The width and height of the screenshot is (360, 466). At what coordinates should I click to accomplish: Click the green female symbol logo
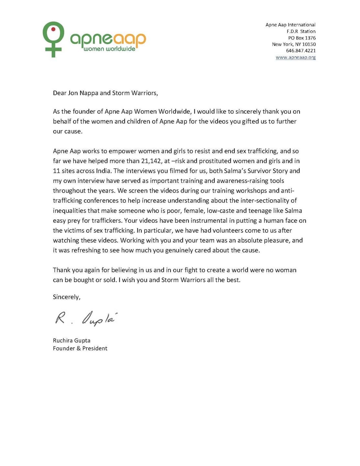(53, 39)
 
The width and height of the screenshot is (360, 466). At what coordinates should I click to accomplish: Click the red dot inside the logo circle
(54, 29)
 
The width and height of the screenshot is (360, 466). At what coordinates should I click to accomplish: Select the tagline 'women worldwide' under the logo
(109, 49)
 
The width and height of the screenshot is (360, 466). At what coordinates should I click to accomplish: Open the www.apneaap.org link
(295, 57)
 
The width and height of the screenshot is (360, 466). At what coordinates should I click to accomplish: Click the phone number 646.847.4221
(300, 50)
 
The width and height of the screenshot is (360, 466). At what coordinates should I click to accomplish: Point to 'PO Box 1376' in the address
(302, 38)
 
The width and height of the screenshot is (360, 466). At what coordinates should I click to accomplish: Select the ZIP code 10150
(309, 44)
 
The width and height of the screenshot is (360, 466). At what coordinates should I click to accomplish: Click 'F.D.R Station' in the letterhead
(301, 31)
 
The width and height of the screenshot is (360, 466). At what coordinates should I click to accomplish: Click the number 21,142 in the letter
(151, 161)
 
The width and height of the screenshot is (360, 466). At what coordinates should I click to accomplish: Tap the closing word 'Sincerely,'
(67, 297)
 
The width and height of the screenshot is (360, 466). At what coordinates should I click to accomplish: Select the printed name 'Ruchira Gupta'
(71, 340)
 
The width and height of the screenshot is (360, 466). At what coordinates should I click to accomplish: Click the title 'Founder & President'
(80, 349)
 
